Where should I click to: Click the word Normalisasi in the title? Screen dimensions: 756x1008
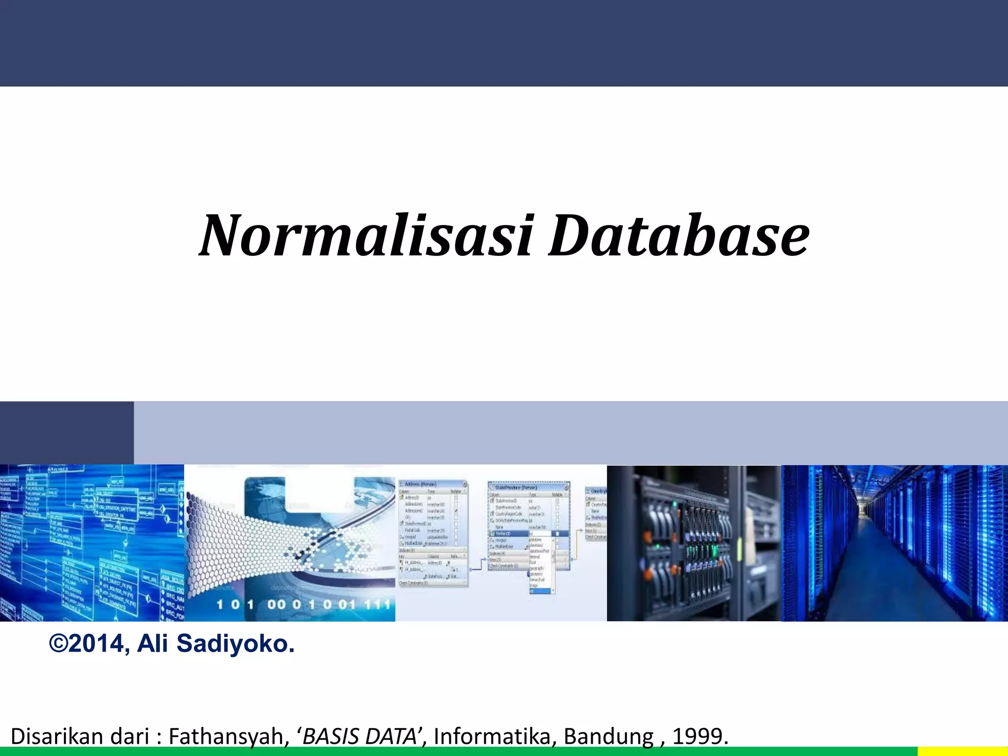[366, 236]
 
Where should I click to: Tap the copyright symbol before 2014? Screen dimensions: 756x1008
[59, 644]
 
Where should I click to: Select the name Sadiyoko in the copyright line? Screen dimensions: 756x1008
[235, 644]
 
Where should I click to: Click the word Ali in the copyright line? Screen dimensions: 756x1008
[153, 644]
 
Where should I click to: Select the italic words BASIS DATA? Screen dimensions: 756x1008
[359, 736]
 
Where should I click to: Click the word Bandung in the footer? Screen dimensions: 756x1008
[608, 736]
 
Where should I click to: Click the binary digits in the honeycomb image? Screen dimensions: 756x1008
[303, 604]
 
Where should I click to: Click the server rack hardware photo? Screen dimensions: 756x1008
[694, 543]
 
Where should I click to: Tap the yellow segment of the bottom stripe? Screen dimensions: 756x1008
[963, 752]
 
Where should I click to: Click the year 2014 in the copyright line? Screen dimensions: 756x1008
[96, 644]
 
